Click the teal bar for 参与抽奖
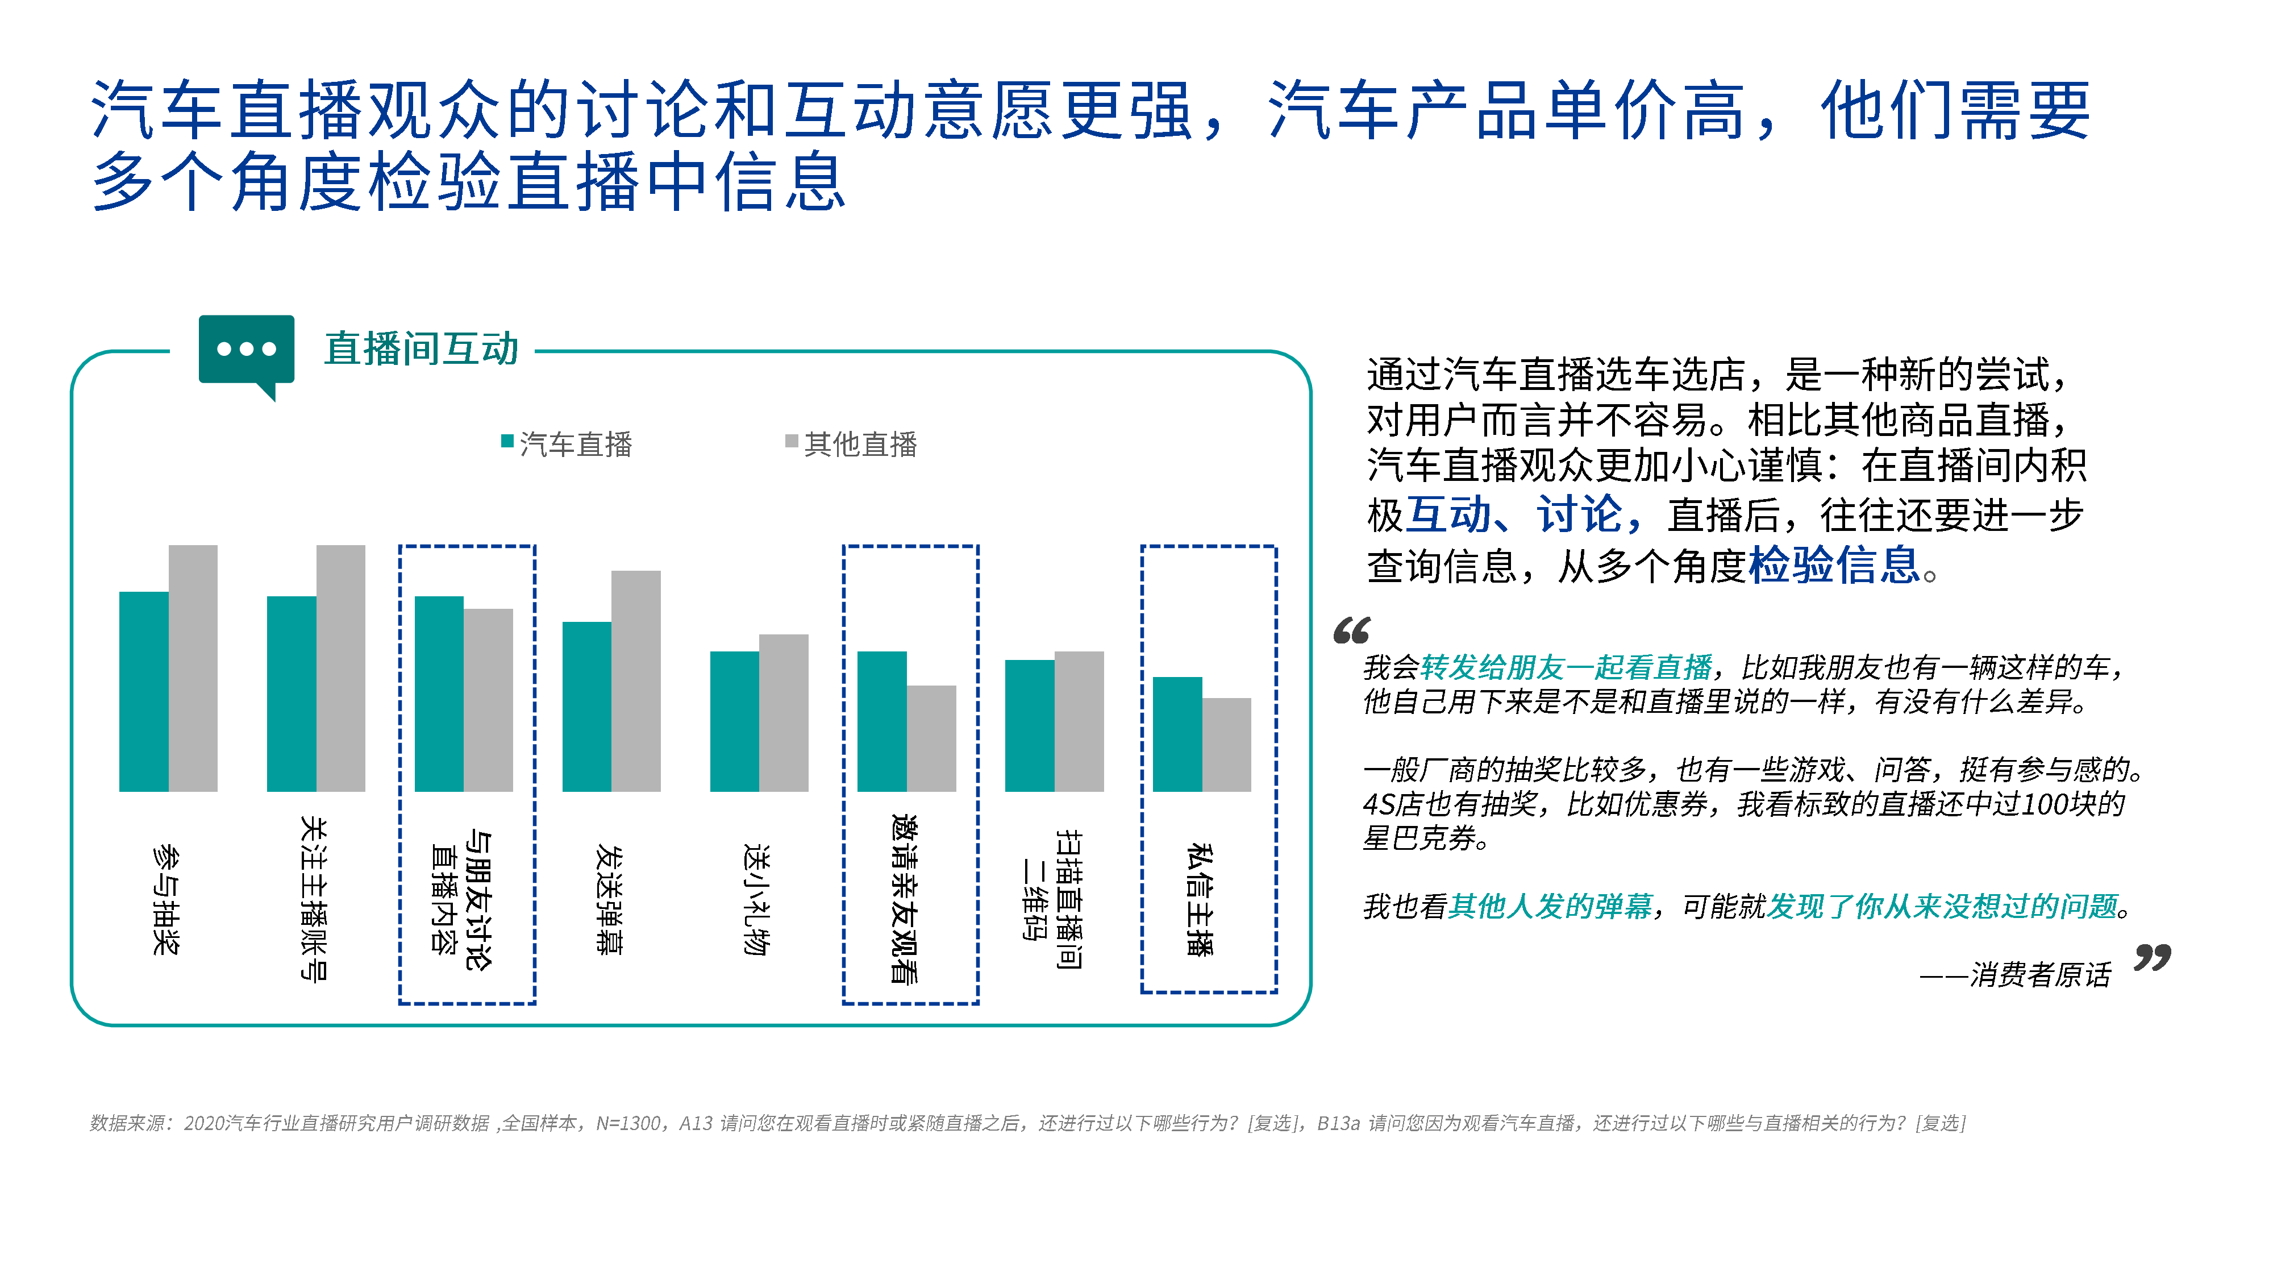(x=144, y=691)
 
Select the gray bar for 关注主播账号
(x=340, y=668)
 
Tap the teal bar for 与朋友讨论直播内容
(x=439, y=694)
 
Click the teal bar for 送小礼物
(x=735, y=721)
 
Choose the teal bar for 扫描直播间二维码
(x=1030, y=725)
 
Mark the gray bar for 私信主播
(x=1226, y=745)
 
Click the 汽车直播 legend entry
(x=567, y=443)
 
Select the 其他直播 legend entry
(x=851, y=443)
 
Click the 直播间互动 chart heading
(x=421, y=348)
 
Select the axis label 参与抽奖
(x=166, y=899)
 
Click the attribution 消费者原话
(x=2040, y=974)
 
